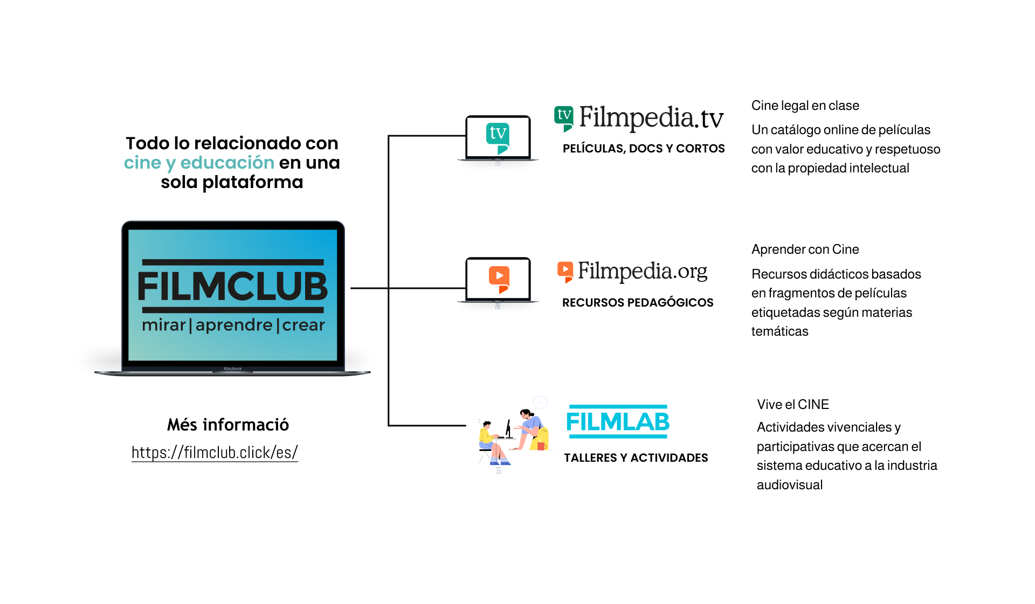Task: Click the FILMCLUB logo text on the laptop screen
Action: [233, 286]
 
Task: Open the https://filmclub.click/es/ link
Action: [215, 453]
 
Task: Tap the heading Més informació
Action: [228, 425]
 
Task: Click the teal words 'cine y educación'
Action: [199, 163]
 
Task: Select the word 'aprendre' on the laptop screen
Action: [233, 325]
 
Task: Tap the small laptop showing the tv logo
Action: [498, 138]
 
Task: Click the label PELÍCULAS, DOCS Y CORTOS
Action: [644, 149]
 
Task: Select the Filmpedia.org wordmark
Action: [643, 272]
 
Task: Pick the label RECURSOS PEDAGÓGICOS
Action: [638, 303]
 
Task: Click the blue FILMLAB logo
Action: [618, 421]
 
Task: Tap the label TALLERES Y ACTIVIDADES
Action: [636, 458]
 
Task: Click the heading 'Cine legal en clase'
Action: [805, 106]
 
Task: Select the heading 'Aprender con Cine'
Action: [805, 249]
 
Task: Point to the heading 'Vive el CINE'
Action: [793, 405]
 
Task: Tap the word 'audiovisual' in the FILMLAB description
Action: [790, 485]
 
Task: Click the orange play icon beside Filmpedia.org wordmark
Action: [565, 272]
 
